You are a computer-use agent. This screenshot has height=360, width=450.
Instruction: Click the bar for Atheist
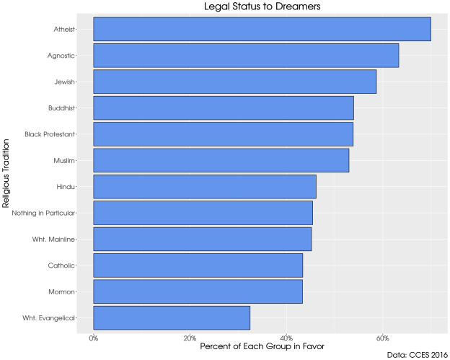pyautogui.click(x=262, y=30)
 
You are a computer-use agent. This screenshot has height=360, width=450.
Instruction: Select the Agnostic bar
pyautogui.click(x=246, y=56)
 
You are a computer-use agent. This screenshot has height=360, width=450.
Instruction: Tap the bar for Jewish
pyautogui.click(x=234, y=82)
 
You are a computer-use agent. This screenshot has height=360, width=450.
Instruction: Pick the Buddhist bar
pyautogui.click(x=224, y=108)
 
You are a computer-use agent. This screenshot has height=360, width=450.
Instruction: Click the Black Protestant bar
pyautogui.click(x=223, y=134)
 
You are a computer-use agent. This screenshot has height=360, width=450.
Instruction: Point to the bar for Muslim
pyautogui.click(x=221, y=160)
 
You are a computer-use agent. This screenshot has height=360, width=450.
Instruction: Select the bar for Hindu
pyautogui.click(x=205, y=187)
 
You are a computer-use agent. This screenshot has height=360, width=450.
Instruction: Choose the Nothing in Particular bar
pyautogui.click(x=203, y=213)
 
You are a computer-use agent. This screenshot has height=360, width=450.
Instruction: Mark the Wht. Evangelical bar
pyautogui.click(x=172, y=317)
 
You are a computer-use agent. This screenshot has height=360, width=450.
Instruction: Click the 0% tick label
pyautogui.click(x=94, y=337)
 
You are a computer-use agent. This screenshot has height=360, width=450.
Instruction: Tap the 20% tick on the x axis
pyautogui.click(x=190, y=337)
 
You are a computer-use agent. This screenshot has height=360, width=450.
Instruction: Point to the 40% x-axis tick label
pyautogui.click(x=286, y=337)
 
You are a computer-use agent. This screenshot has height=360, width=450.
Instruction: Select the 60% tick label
pyautogui.click(x=383, y=337)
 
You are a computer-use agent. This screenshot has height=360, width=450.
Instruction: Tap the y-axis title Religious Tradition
pyautogui.click(x=6, y=173)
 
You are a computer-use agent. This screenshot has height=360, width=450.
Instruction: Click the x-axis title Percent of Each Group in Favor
pyautogui.click(x=262, y=346)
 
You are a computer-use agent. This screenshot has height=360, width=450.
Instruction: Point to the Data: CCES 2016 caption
pyautogui.click(x=416, y=355)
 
